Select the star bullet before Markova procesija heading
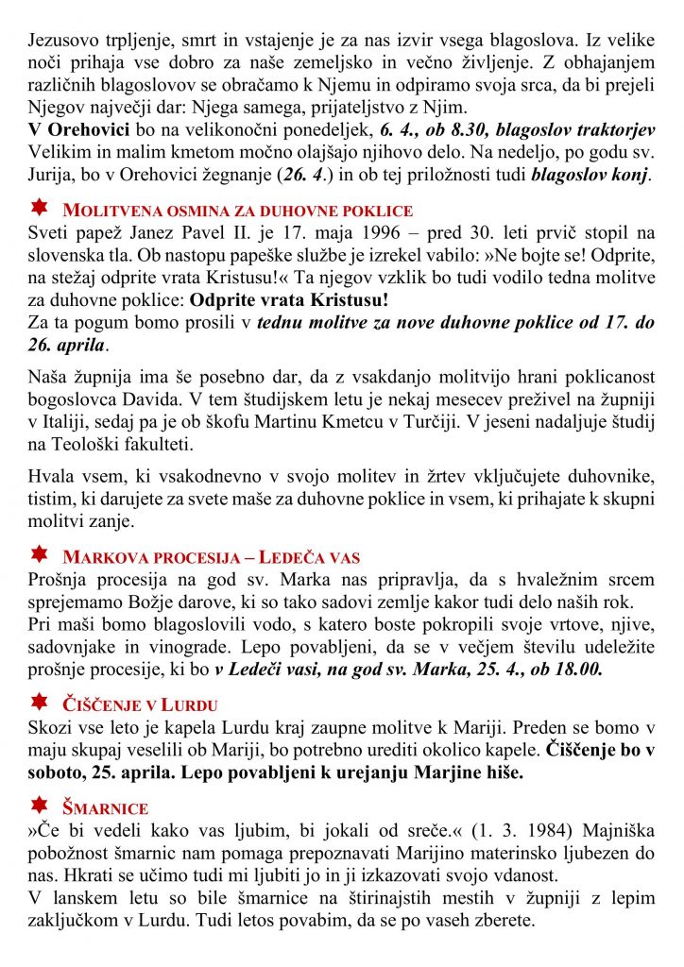pos(40,553)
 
